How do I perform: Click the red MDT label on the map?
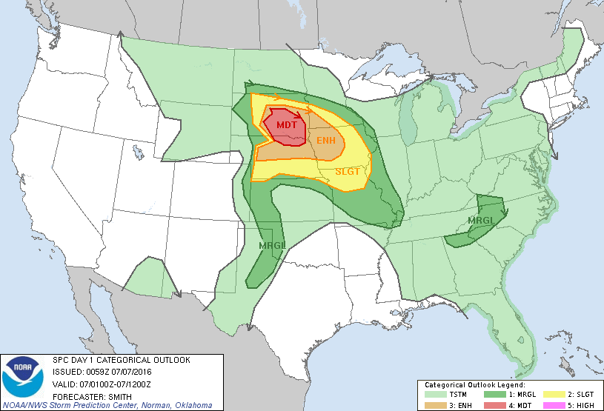click(x=286, y=125)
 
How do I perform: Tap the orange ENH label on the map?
click(x=326, y=140)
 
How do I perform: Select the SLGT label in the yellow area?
click(x=347, y=171)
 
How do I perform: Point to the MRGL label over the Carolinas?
click(x=481, y=221)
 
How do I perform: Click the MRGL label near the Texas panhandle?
click(x=271, y=245)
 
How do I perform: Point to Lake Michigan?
click(x=407, y=122)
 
